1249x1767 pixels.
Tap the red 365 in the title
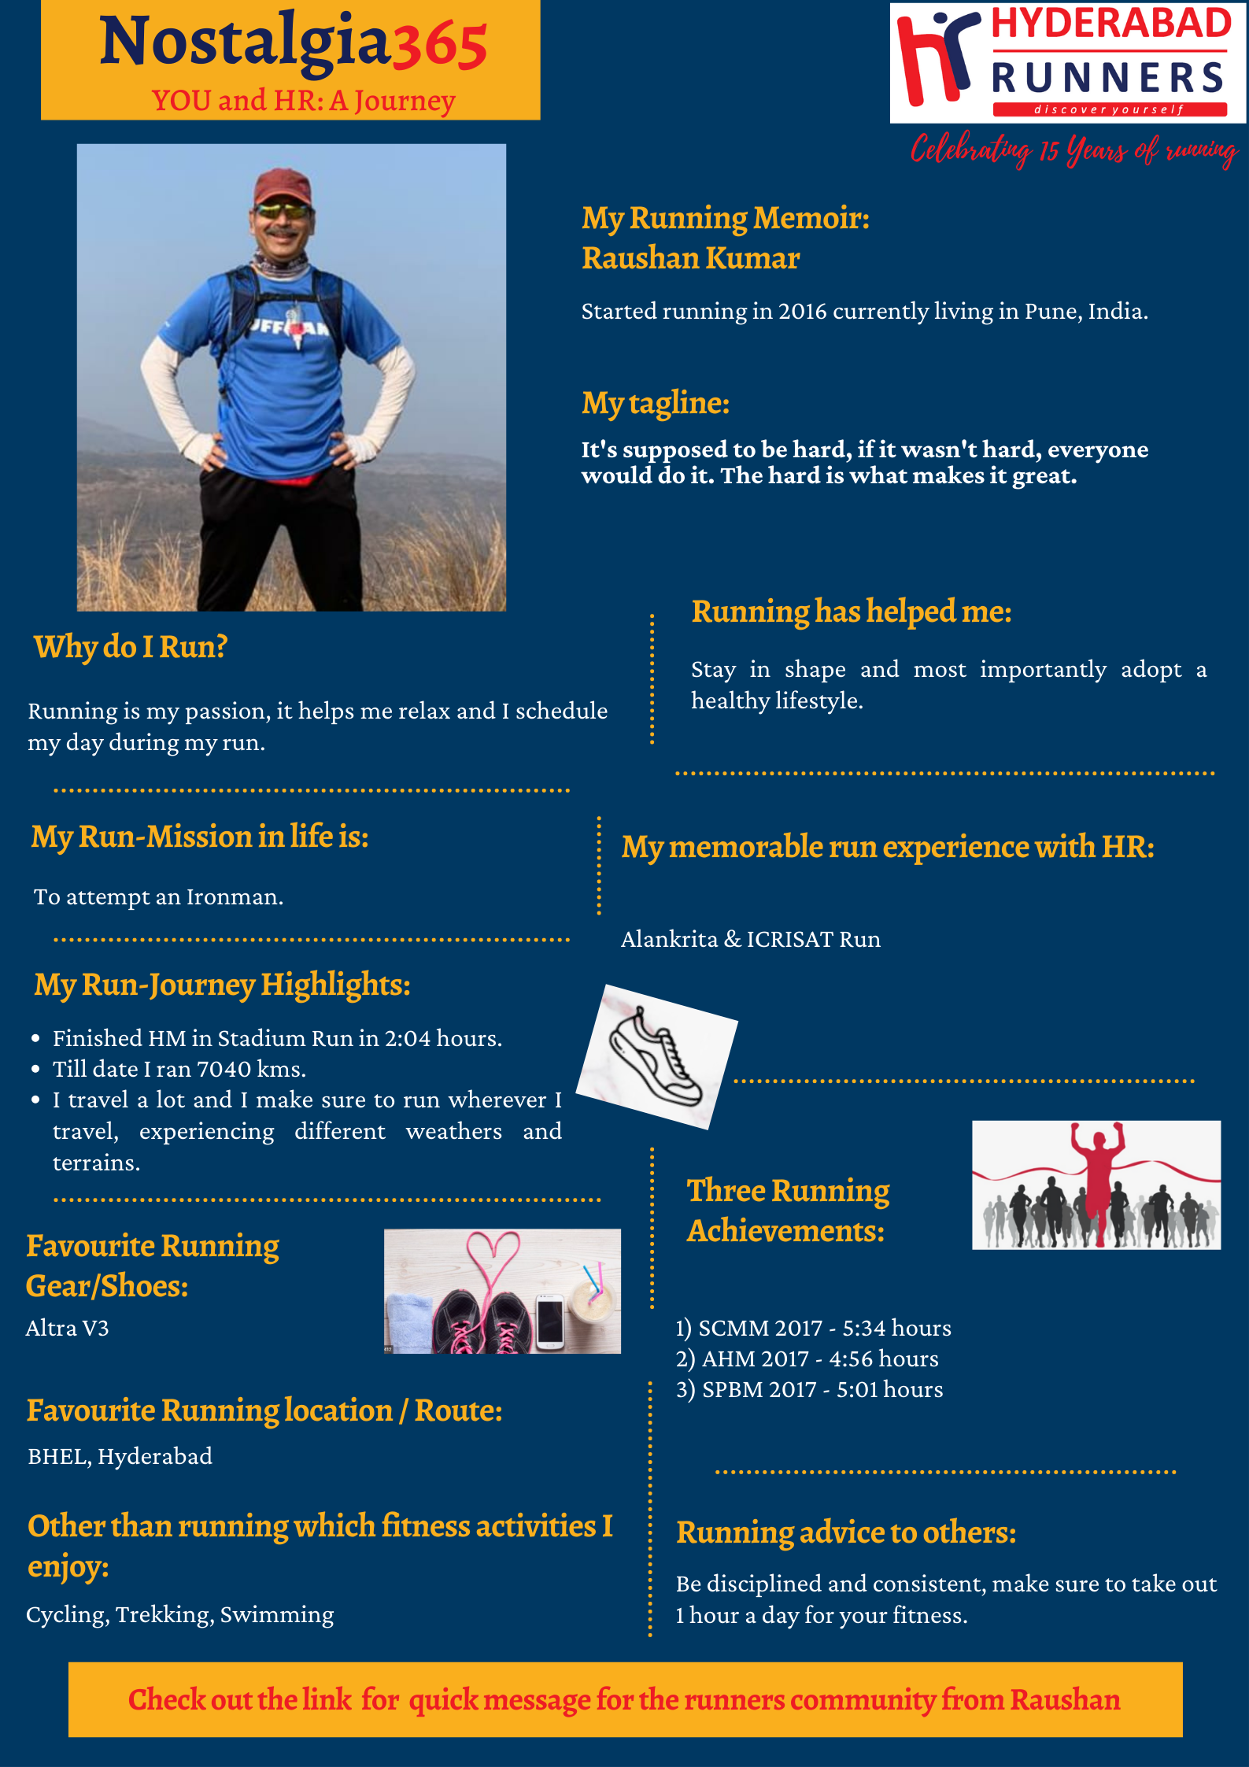point(439,46)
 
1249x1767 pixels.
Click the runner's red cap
point(283,186)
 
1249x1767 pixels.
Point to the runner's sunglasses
point(283,211)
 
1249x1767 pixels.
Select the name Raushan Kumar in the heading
point(690,258)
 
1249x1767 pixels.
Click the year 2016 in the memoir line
point(802,312)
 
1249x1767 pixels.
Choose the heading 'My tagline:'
point(655,403)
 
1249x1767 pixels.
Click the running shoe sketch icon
point(656,1055)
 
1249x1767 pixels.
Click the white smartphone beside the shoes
point(550,1320)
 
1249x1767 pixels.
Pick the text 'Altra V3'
point(67,1329)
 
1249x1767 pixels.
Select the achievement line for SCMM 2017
point(812,1329)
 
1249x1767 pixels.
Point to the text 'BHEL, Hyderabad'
point(120,1457)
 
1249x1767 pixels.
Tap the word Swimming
point(277,1615)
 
